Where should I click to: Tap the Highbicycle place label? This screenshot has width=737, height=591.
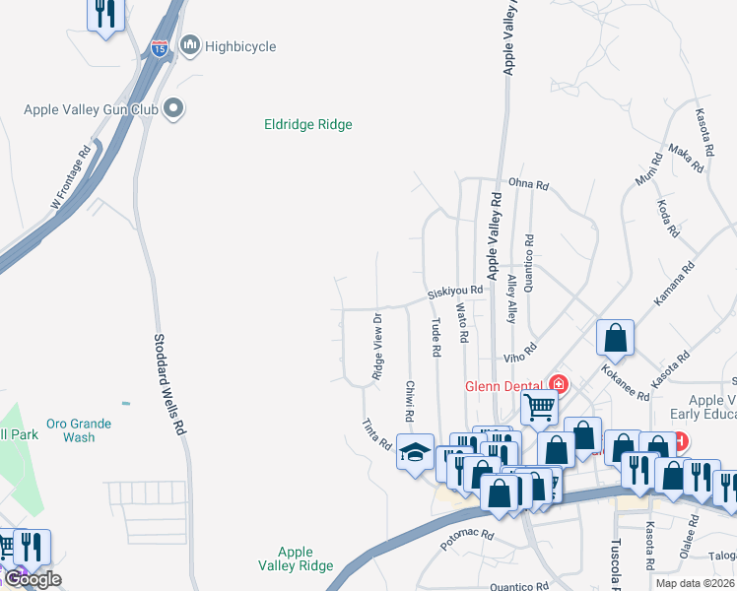coord(240,46)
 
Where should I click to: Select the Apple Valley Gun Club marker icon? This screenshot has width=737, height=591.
coord(174,107)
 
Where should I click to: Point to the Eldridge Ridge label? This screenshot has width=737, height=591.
coord(307,125)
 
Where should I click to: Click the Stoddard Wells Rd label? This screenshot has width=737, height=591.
coord(168,383)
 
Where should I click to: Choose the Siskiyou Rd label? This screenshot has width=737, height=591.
coord(455,293)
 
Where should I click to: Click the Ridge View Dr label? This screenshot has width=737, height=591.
coord(377,346)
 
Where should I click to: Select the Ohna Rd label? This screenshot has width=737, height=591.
coord(528,183)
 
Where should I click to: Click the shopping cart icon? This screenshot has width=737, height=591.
coord(540,405)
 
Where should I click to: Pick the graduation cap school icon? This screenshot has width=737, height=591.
coord(415,451)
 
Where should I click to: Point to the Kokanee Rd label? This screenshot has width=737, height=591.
coord(625,381)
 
